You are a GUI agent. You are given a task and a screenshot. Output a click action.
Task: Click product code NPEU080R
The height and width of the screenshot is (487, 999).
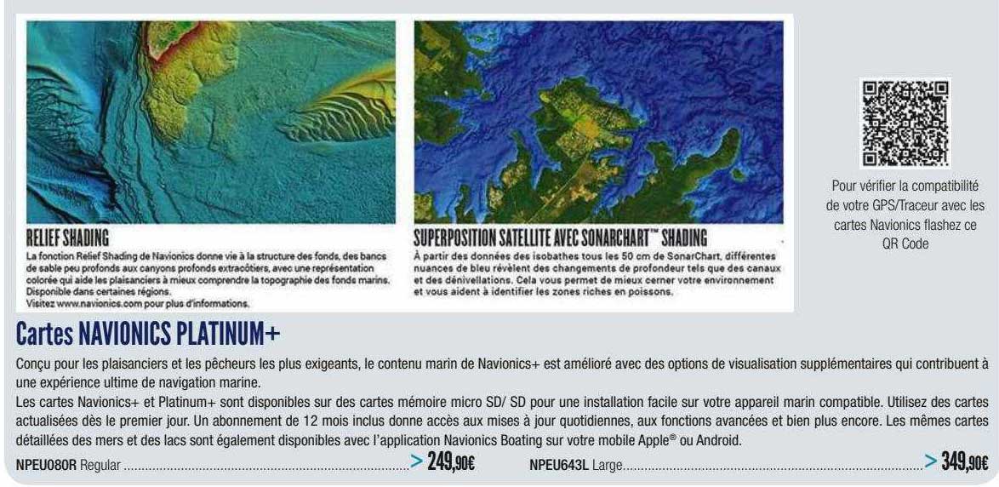click(47, 466)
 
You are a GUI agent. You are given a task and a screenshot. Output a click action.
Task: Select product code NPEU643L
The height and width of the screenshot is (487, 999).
click(558, 466)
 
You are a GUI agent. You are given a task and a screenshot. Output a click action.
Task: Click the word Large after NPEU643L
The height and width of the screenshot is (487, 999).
click(607, 466)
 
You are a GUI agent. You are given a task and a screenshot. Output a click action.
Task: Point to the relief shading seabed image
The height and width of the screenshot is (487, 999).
click(211, 121)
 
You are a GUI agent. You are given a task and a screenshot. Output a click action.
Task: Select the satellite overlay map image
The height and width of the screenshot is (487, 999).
click(598, 121)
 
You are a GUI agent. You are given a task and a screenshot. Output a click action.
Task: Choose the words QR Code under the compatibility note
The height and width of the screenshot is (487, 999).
click(905, 243)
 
